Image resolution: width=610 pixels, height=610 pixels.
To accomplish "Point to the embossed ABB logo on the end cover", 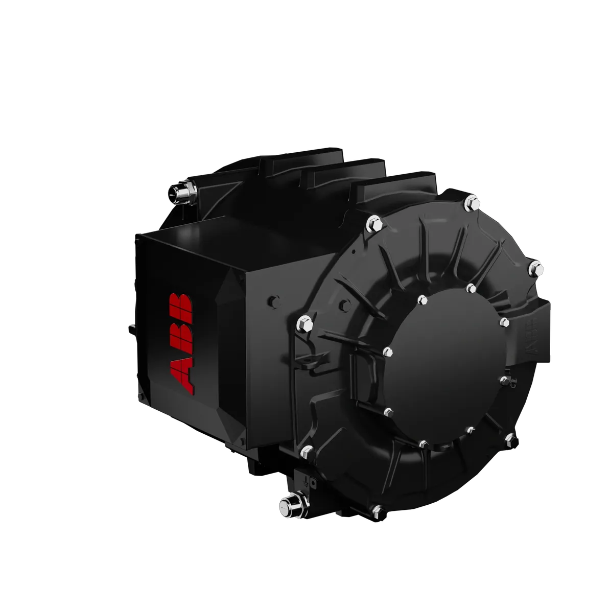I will coord(532,337).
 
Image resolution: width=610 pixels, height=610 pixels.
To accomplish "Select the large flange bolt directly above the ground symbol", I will coord(307,450).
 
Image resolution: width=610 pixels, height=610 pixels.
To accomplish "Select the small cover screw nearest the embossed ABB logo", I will coord(504,322).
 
